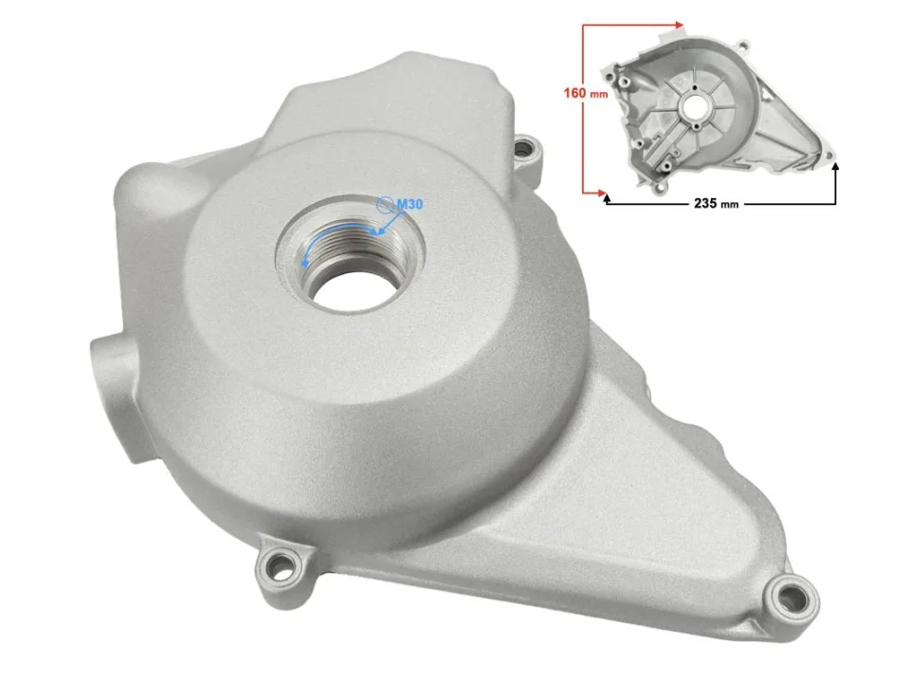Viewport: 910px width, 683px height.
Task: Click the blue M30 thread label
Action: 409,204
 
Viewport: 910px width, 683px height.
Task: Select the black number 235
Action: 698,203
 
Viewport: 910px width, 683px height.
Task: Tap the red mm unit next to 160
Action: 598,95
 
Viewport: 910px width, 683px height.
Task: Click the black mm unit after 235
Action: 728,204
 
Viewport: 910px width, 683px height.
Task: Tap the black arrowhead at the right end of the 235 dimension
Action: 835,167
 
